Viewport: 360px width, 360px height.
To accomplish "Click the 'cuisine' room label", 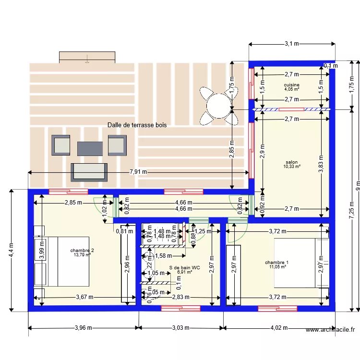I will coord(291,84).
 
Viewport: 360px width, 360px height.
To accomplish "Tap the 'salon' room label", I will coord(291,162).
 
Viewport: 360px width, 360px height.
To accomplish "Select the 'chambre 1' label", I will coord(277,262).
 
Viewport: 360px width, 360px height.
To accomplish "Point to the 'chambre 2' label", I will coord(82,250).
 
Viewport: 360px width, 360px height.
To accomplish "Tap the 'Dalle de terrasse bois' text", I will coord(137,125).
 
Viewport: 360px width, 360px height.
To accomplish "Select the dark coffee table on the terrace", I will coord(90,148).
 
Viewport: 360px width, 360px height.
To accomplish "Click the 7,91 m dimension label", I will coord(138,172).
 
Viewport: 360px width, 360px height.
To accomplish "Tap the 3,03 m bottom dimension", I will coord(181,328).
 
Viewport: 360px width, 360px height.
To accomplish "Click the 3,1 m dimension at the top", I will coord(291,44).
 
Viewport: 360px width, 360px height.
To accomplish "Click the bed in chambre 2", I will coord(62,262).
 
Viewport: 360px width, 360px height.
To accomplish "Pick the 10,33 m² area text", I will coord(292,167).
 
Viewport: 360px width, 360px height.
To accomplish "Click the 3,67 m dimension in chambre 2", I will coord(84,297).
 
